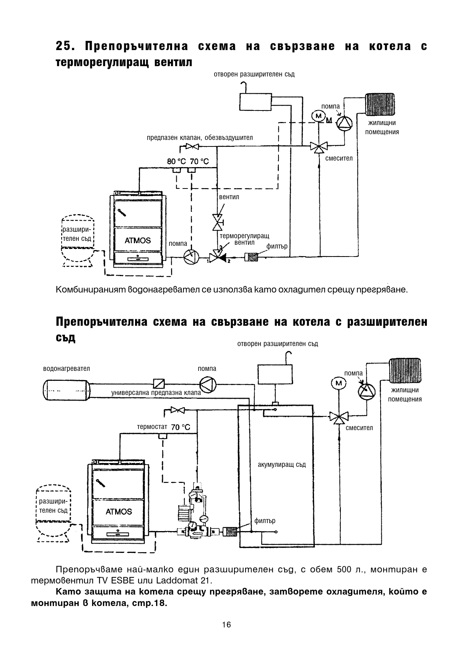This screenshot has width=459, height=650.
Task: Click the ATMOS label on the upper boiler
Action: (x=138, y=240)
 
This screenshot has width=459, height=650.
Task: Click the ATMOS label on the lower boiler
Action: (x=119, y=512)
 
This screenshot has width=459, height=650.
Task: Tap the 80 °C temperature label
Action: (x=176, y=161)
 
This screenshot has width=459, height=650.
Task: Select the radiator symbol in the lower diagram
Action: (x=405, y=370)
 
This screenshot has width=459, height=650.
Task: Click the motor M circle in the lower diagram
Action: (x=338, y=383)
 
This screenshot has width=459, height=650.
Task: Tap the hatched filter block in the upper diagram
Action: (x=253, y=257)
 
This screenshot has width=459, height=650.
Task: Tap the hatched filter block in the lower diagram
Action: (x=230, y=532)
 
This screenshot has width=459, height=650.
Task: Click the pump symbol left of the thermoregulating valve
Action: (x=190, y=257)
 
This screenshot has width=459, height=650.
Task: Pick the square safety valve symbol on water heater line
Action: (x=158, y=383)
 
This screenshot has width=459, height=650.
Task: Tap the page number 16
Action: (x=226, y=625)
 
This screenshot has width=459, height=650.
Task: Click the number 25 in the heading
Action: (x=63, y=47)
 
